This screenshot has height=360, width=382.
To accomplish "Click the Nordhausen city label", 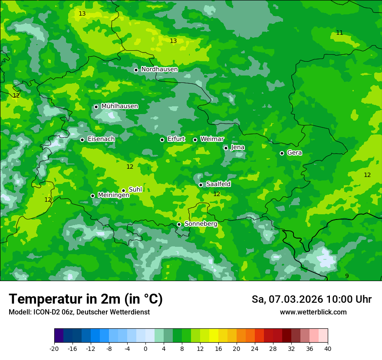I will pos(159,69).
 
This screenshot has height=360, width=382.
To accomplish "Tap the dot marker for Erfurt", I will pos(162,140).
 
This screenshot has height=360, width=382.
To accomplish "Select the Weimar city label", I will pos(212,139).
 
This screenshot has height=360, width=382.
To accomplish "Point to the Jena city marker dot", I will pos(226,148).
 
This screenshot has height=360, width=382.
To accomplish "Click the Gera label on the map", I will pos(294,153).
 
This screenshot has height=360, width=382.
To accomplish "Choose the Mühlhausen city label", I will pos(119,106).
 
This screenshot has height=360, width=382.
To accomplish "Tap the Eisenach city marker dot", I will pos(82,140).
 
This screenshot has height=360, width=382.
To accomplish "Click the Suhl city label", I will pos(135,190).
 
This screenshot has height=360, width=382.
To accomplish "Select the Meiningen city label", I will pos(113,195).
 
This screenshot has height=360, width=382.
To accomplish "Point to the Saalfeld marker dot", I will pos(201,185).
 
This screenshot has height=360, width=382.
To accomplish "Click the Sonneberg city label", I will pos(201,224).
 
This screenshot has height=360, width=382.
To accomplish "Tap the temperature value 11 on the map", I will pos(339,33).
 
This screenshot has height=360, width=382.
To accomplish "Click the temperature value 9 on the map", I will pos(347,276).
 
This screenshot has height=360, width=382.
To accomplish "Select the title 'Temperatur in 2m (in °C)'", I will pos(86,299).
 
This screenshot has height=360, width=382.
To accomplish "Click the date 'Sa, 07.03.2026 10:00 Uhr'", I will pos(311,299).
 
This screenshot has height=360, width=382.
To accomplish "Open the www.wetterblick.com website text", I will pos(313,312).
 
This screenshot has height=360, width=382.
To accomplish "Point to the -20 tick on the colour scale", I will pos(54,348).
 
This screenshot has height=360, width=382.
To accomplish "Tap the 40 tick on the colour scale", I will pos(328,348).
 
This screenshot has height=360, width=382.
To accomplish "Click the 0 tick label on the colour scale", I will pos(145,348).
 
